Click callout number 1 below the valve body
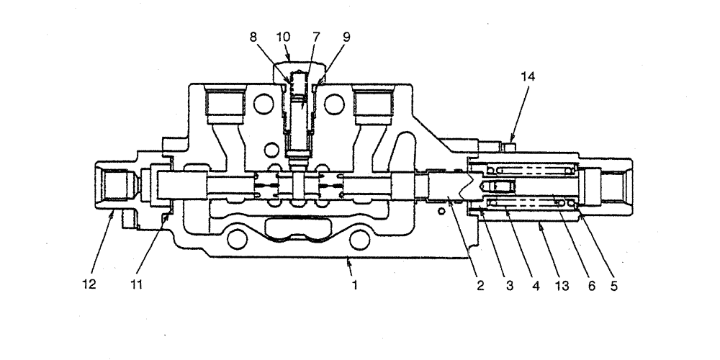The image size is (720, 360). [354, 285]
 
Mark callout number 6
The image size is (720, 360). [590, 285]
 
